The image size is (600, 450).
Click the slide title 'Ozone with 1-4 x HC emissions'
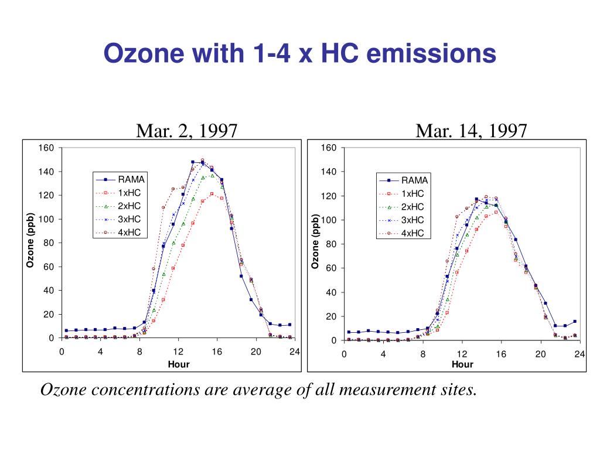pyautogui.click(x=299, y=54)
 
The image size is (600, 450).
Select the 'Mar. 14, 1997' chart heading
pyautogui.click(x=471, y=130)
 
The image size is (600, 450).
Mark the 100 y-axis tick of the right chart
pyautogui.click(x=329, y=220)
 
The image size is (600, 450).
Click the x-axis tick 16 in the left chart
pyautogui.click(x=217, y=352)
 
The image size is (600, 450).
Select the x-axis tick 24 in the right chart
pyautogui.click(x=579, y=354)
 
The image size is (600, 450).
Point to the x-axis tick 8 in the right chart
pyautogui.click(x=422, y=354)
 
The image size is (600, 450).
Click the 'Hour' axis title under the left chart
pyautogui.click(x=179, y=364)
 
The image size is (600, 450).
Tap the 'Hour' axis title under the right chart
pyautogui.click(x=462, y=364)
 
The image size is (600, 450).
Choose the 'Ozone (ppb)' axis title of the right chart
pyautogui.click(x=315, y=243)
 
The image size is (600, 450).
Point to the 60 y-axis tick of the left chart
pyautogui.click(x=49, y=267)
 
